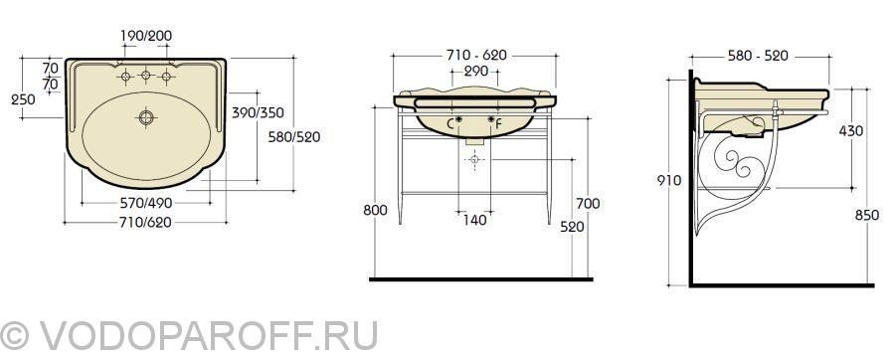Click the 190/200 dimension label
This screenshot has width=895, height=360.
click(x=146, y=36)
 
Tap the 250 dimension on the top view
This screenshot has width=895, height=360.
click(x=24, y=99)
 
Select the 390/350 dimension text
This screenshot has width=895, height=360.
click(x=258, y=113)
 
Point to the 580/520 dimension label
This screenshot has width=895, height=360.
click(x=294, y=137)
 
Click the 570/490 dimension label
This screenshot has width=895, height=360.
click(x=146, y=203)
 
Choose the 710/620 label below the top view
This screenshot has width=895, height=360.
click(x=146, y=223)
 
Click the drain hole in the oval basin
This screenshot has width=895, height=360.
click(x=147, y=117)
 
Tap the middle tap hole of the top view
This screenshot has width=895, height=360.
click(x=145, y=75)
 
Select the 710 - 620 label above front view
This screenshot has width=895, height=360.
click(x=476, y=55)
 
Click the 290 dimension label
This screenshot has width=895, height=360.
click(x=476, y=72)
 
